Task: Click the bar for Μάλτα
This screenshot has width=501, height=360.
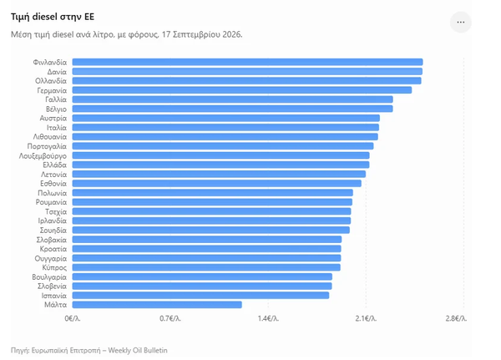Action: click(x=157, y=305)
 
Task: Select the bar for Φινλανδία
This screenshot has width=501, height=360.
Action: click(x=248, y=62)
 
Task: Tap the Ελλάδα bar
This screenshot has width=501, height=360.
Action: click(x=220, y=165)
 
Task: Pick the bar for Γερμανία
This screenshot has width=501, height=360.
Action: click(x=242, y=90)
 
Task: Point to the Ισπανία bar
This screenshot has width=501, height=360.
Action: click(x=200, y=296)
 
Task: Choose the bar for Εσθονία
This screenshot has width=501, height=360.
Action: click(x=216, y=184)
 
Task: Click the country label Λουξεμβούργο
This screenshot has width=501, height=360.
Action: click(x=43, y=156)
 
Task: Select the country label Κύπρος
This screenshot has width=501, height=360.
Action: click(x=54, y=267)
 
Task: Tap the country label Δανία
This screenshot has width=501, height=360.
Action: click(x=57, y=72)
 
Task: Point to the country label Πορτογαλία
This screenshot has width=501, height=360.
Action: click(x=47, y=146)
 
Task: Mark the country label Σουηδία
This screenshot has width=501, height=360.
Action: click(x=53, y=231)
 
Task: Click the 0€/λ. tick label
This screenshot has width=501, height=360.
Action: click(x=73, y=318)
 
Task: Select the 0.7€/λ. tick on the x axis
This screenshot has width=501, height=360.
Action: click(x=170, y=318)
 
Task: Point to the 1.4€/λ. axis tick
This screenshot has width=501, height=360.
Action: click(x=268, y=318)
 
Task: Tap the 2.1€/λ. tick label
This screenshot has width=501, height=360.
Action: click(x=367, y=318)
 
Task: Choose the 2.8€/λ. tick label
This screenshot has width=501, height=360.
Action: click(x=456, y=318)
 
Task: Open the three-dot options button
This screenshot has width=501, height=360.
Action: click(x=461, y=22)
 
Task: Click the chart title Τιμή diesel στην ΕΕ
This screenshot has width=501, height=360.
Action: click(x=53, y=17)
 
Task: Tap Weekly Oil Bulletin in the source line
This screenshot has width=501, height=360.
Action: click(x=138, y=351)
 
